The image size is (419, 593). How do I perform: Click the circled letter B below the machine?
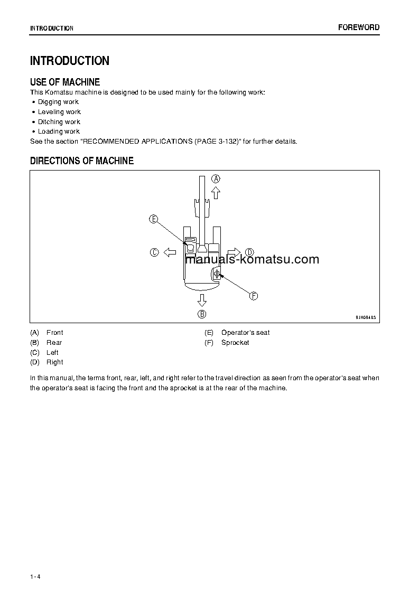click(202, 314)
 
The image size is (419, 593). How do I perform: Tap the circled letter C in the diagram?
click(154, 252)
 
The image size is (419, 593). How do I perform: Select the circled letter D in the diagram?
click(249, 252)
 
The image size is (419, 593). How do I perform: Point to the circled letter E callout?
click(153, 219)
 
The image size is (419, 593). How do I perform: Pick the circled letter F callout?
click(253, 296)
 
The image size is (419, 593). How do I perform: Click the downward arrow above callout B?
click(202, 300)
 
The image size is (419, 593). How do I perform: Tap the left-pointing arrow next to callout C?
click(170, 252)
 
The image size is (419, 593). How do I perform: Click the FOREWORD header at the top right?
click(359, 27)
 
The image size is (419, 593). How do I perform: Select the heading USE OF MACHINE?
click(65, 82)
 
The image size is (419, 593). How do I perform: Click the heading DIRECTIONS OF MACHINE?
click(82, 161)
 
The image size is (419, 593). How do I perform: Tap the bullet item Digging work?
click(58, 102)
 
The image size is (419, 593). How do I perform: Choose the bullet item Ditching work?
click(59, 121)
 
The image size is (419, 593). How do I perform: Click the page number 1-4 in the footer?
click(35, 576)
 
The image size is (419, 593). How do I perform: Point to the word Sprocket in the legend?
click(235, 342)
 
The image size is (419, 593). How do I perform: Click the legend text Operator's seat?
click(245, 332)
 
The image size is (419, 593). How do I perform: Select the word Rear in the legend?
click(54, 342)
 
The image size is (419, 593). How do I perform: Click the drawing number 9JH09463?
click(365, 317)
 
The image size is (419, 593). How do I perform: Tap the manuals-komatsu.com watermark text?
click(253, 259)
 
